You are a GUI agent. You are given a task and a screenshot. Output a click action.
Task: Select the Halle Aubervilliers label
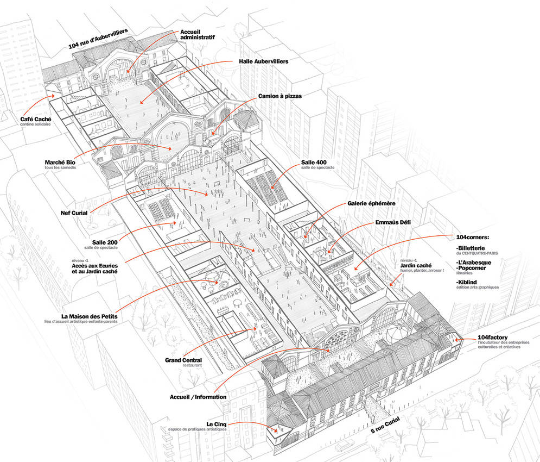[x=263, y=62]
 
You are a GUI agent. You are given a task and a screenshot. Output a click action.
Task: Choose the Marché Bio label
[x=60, y=162]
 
